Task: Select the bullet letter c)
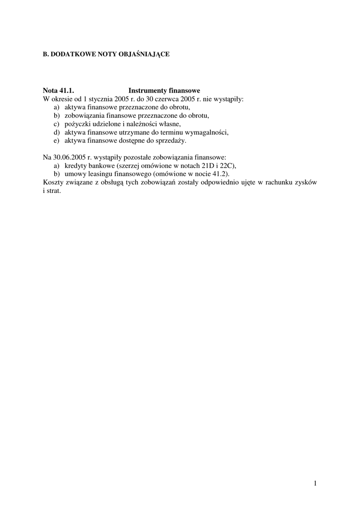pos(56,124)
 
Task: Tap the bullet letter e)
pos(56,141)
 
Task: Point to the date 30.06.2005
pos(70,157)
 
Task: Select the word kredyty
pos(76,166)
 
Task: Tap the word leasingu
pos(105,174)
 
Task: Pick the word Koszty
pos(53,182)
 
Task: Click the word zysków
pos(305,182)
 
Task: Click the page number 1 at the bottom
pos(315,483)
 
